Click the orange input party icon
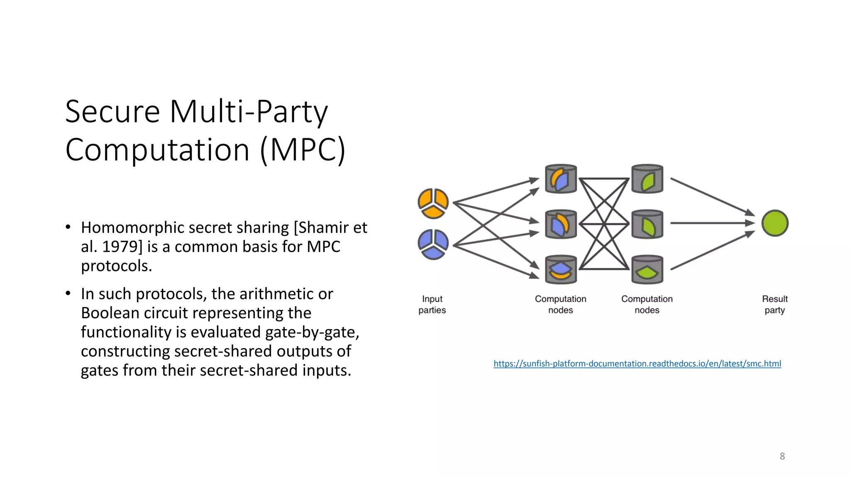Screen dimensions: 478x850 [x=433, y=203]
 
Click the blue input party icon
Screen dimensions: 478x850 [x=433, y=244]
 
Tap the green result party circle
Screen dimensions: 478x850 [x=774, y=223]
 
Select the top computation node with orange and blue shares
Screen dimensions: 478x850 [x=561, y=179]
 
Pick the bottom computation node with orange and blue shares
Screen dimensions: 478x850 [x=561, y=270]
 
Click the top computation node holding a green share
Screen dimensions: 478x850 [x=647, y=179]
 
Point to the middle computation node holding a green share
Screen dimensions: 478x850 [x=647, y=224]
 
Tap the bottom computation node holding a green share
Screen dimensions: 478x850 [x=647, y=270]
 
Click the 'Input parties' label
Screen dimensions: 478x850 [x=432, y=305]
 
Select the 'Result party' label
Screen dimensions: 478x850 [x=774, y=305]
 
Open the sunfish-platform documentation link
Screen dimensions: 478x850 [x=637, y=364]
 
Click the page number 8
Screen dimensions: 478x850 [x=782, y=456]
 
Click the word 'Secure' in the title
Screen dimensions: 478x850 [x=112, y=112]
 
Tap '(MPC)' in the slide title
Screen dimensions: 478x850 [x=303, y=150]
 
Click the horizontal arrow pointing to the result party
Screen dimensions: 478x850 [x=712, y=223]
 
